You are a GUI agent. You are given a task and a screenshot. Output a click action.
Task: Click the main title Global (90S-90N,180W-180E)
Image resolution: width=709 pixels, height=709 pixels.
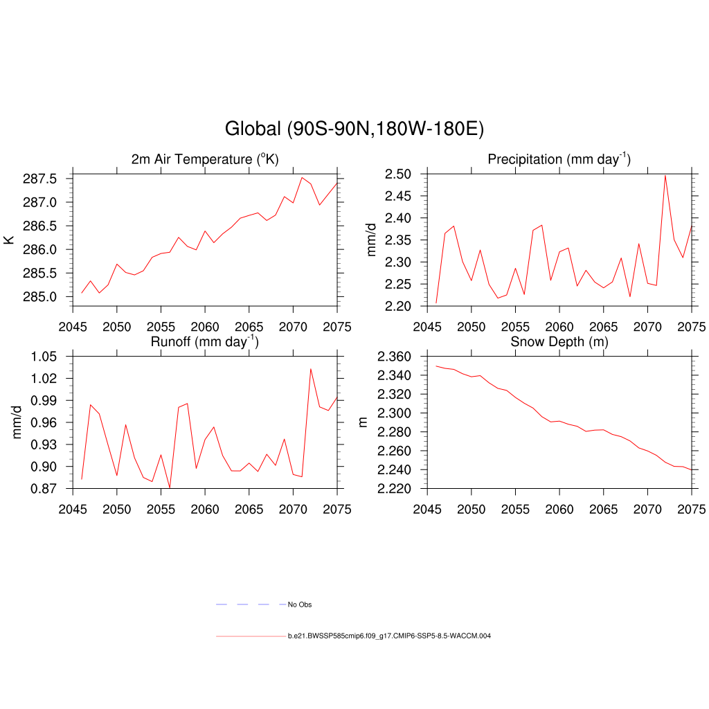tap(354, 129)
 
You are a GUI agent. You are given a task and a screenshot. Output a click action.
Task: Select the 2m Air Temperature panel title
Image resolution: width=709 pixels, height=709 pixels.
tap(205, 160)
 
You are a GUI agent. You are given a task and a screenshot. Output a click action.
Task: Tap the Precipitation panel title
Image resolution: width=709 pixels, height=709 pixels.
tap(559, 160)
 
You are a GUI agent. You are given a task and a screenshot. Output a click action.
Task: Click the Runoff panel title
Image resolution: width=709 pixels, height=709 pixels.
tap(205, 342)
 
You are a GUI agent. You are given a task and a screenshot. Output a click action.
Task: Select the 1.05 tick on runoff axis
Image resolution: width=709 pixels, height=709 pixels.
tap(47, 357)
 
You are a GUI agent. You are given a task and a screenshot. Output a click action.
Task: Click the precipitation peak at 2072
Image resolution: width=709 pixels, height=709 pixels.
tap(665, 175)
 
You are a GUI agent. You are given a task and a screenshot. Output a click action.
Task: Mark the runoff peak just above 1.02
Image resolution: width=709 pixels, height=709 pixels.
tap(310, 368)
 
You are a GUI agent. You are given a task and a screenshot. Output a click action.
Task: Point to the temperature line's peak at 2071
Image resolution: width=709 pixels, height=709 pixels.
tap(302, 177)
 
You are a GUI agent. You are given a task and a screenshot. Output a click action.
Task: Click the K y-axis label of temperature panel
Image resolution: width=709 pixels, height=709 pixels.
tap(9, 240)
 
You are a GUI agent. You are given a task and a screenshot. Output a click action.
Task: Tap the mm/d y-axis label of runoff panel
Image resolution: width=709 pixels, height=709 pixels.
tap(17, 422)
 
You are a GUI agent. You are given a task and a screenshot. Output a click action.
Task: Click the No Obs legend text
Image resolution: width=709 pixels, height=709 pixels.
tap(300, 605)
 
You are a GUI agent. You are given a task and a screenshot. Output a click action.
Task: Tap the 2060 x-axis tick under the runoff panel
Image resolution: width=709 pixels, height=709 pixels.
tap(205, 504)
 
